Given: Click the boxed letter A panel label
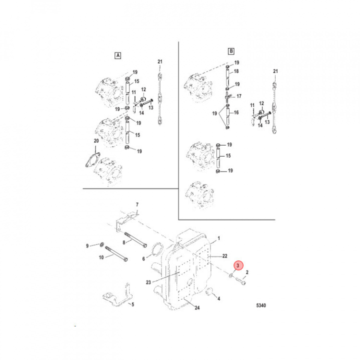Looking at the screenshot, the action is pos(118,55).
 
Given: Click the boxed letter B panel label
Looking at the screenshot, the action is pos(231,51).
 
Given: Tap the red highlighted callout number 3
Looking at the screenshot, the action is pos(238,265).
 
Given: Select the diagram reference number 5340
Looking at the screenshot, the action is pos(261,305).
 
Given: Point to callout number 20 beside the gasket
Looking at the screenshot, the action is pos(96,140).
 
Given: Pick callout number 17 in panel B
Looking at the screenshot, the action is pos(239,96).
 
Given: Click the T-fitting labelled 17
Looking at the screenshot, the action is pos(227,97).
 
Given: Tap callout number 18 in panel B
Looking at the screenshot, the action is pos(236,71).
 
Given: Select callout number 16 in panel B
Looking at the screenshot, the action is pos(236,112).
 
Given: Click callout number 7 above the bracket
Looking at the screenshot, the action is pos(137,204).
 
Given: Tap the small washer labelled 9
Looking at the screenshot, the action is pos(102,244).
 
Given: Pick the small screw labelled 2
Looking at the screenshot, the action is pos(240,281).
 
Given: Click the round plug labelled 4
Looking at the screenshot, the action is pos(209,291).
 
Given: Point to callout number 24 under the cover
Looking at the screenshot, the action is pos(197,307).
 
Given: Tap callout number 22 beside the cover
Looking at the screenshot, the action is pos(224,256).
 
